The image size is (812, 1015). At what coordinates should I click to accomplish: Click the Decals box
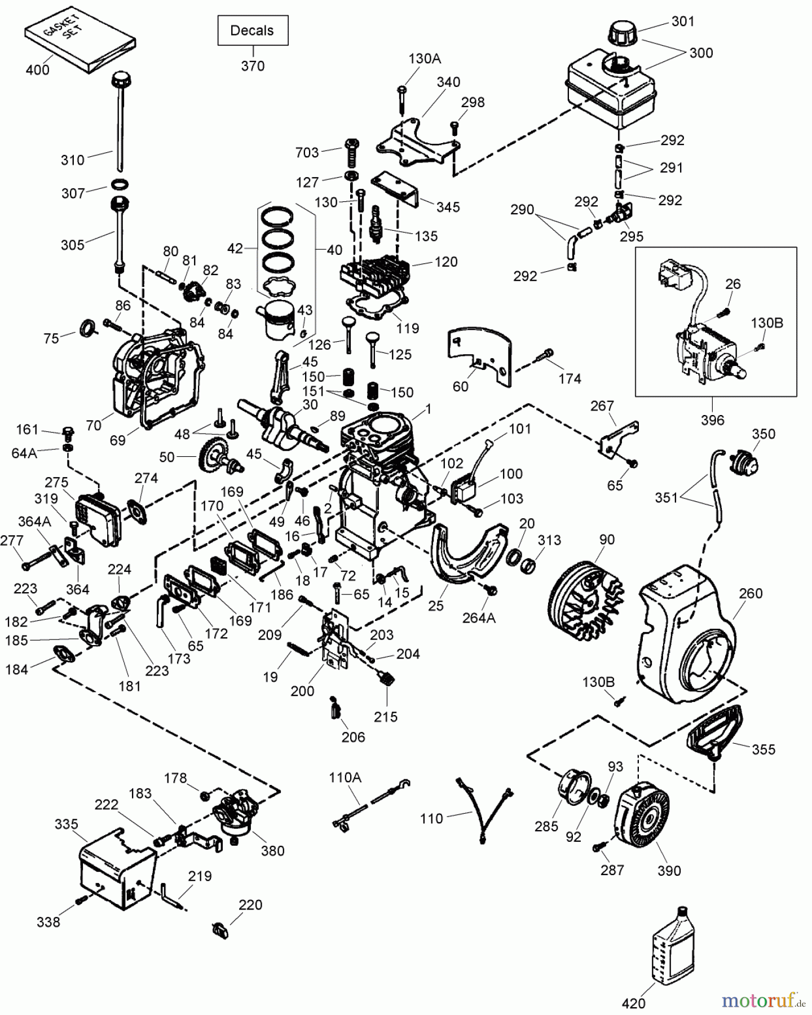click(x=253, y=30)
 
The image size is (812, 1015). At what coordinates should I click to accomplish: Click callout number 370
click(x=253, y=66)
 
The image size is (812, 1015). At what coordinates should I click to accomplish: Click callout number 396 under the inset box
click(x=712, y=420)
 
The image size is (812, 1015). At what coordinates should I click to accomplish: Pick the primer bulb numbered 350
click(x=744, y=463)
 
